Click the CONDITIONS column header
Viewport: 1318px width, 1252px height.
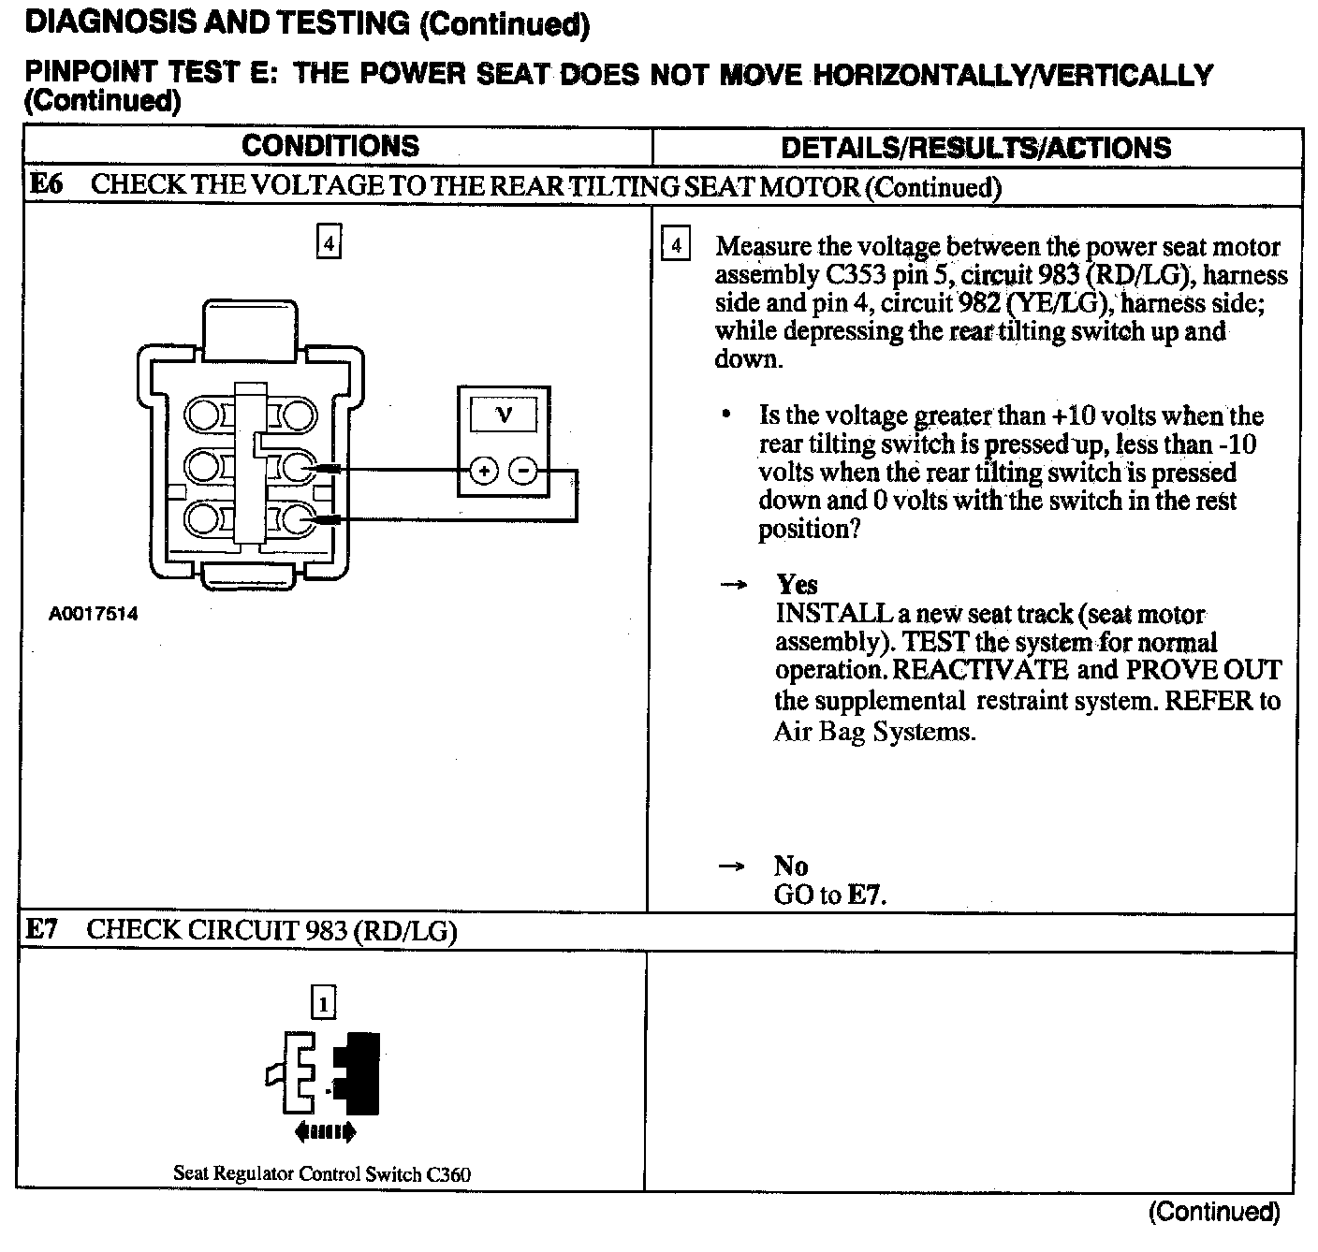tap(330, 146)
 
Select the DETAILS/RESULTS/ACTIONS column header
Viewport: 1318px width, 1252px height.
tap(975, 148)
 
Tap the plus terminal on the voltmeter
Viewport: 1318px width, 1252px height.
tap(483, 471)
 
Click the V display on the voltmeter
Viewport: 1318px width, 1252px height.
tap(504, 415)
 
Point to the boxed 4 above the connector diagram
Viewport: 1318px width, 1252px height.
tap(328, 243)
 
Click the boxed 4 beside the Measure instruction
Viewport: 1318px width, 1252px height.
tap(676, 246)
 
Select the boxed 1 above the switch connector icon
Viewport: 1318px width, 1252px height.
tap(323, 1004)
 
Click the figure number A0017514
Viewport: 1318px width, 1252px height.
tap(94, 614)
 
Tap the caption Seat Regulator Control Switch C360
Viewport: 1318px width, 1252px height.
tap(322, 1173)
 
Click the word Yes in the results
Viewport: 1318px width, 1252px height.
tap(797, 585)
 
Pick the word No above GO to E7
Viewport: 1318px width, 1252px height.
tap(791, 866)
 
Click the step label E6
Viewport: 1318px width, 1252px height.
tap(45, 184)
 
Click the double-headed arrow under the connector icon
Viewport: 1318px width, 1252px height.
tap(325, 1132)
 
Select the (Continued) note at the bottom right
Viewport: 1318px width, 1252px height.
tap(1213, 1212)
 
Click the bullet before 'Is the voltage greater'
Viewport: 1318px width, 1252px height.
tap(725, 415)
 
